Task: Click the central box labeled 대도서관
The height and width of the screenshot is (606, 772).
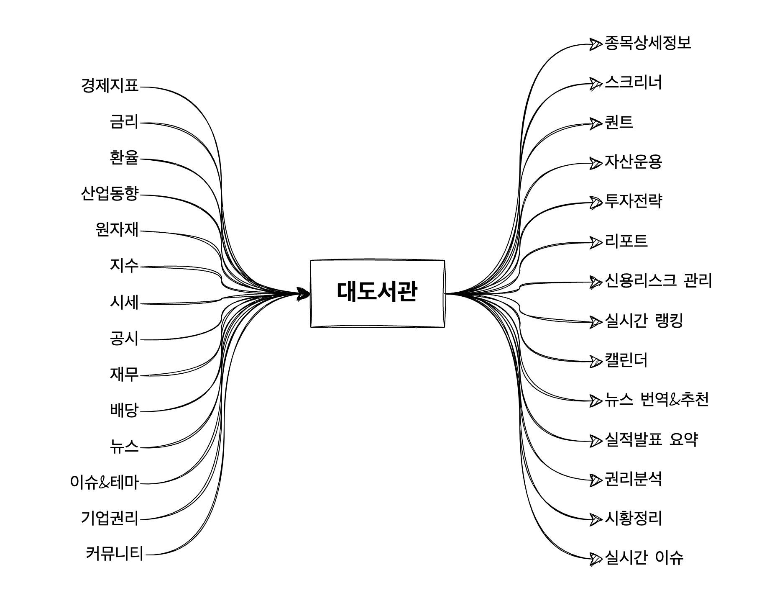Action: click(377, 293)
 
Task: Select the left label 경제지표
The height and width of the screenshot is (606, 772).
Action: click(110, 86)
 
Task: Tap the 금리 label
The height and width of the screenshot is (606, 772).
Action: click(124, 122)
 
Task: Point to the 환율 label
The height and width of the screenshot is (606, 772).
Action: click(124, 158)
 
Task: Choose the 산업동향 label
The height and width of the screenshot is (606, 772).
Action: click(110, 194)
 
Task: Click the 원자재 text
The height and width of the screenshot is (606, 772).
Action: click(117, 230)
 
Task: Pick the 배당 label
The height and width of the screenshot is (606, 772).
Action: click(124, 410)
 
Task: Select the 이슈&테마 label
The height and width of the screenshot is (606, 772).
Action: click(105, 482)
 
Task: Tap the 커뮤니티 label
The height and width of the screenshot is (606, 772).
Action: click(115, 554)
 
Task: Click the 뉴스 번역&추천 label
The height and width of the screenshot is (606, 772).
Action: click(657, 400)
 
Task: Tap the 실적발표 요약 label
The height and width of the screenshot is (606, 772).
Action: click(652, 439)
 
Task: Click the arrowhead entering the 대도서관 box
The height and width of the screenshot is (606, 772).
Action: click(303, 293)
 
